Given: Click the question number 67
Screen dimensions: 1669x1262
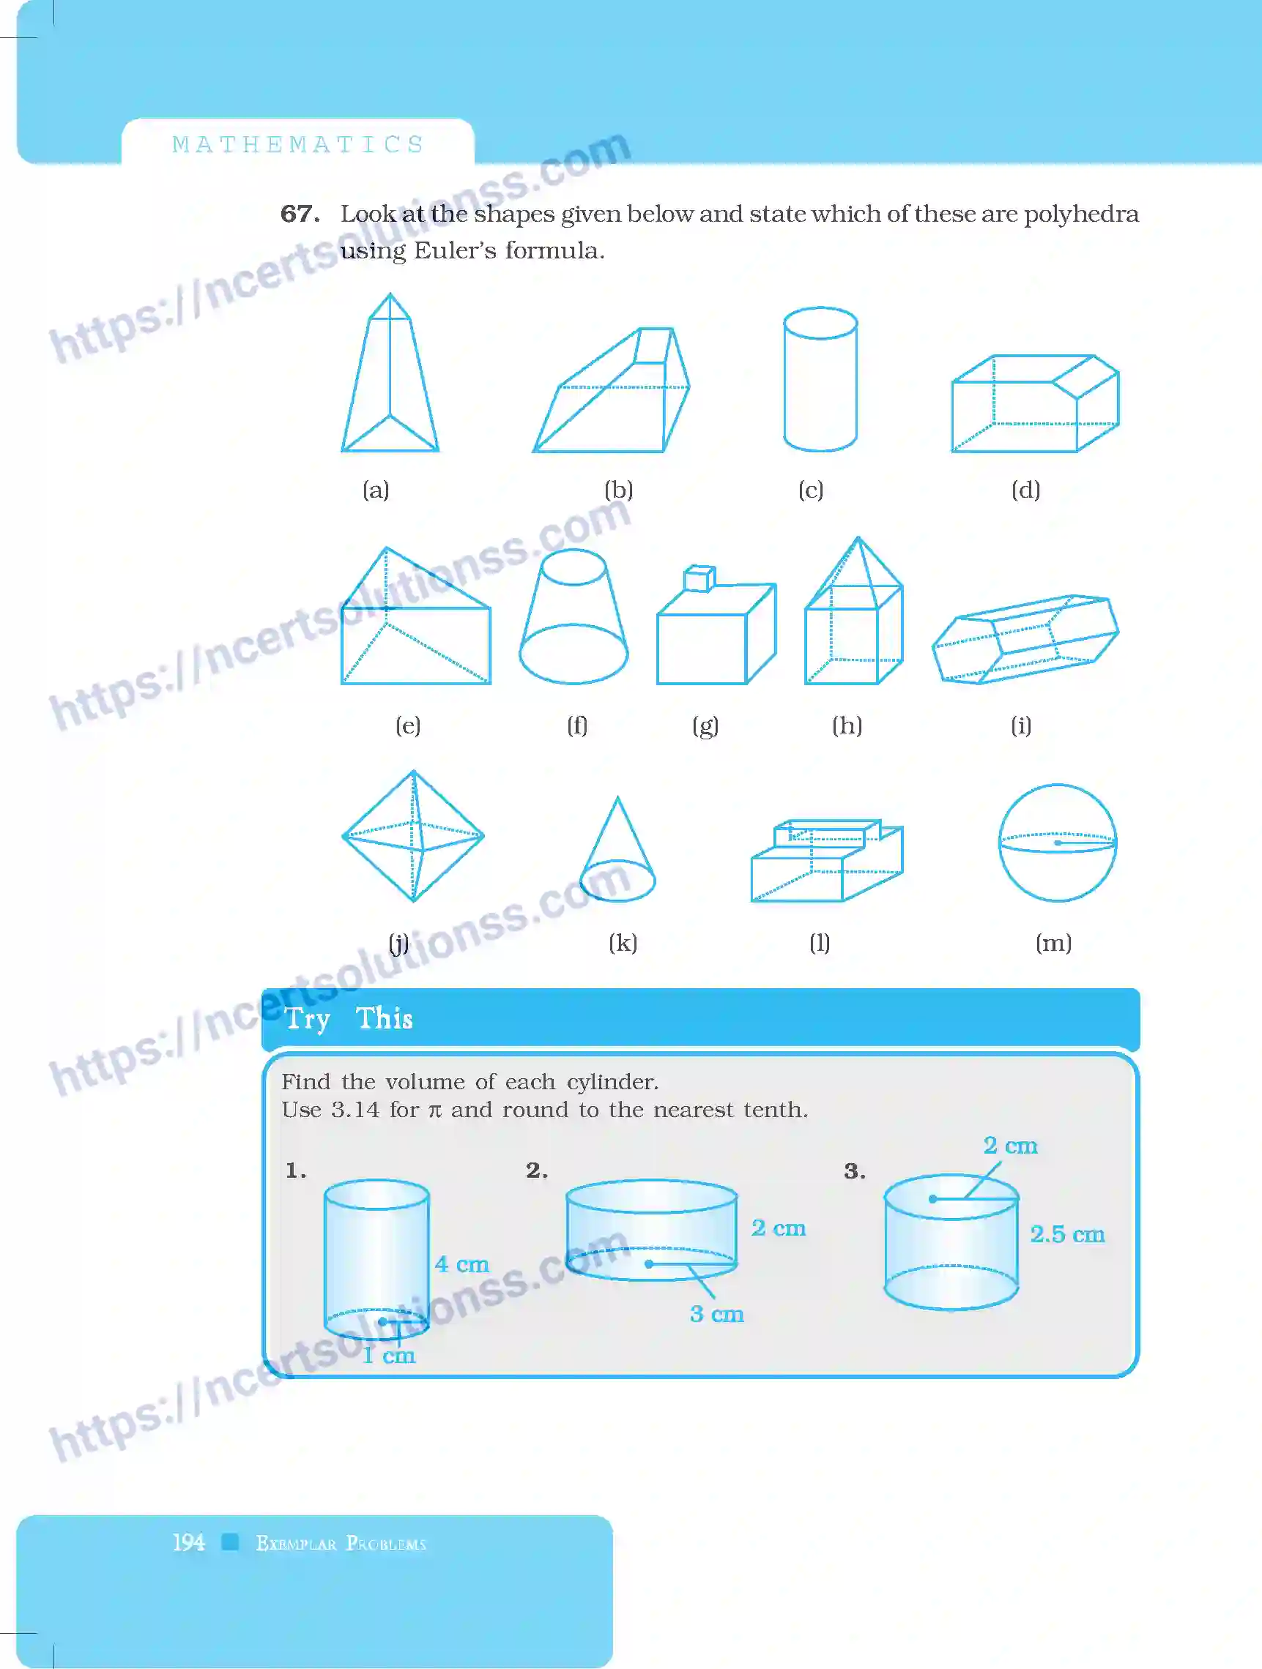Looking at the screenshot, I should point(299,214).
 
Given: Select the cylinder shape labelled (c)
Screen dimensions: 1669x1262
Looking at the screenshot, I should point(820,378).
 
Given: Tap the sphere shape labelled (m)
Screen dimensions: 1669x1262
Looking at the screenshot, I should point(1058,843).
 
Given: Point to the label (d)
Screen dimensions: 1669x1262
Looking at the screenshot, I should point(1025,490).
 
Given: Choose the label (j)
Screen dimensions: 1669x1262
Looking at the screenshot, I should point(398,943).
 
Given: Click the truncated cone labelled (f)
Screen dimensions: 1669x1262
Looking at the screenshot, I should point(574,619).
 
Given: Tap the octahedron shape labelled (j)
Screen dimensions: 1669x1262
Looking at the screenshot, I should point(413,836).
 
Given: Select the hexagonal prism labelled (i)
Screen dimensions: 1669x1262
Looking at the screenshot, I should point(1025,639).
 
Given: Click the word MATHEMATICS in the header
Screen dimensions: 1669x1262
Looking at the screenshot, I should point(298,144).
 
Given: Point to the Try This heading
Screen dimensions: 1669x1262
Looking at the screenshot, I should point(349,1019).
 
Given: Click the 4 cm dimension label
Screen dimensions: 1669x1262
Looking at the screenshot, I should point(462,1265).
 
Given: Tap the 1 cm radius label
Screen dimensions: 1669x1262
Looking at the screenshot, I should point(389,1356).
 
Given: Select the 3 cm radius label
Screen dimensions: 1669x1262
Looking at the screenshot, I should point(717,1315).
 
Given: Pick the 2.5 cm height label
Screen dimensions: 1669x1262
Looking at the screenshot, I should point(1067,1234).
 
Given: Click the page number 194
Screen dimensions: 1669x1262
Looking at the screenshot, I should point(188,1542).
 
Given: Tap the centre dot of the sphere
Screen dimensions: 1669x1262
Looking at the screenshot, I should point(1058,843).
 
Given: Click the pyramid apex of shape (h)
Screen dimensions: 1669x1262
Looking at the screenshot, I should point(858,539).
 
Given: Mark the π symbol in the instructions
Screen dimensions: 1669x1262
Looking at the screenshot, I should point(435,1110).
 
